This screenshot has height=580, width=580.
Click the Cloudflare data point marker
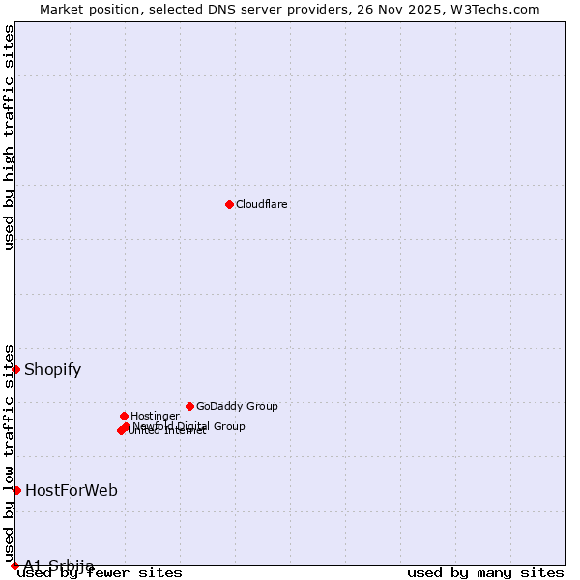click(x=229, y=204)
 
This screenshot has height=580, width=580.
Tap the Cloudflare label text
click(x=262, y=204)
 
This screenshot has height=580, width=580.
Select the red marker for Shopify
click(x=16, y=369)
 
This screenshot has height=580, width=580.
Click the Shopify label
click(x=53, y=369)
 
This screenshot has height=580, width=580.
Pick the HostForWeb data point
click(x=16, y=490)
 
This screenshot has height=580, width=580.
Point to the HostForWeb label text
click(x=72, y=490)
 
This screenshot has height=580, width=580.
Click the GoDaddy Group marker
click(x=189, y=406)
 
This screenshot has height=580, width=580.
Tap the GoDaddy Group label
click(x=237, y=406)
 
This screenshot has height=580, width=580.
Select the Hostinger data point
click(x=125, y=416)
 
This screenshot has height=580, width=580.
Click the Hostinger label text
click(x=156, y=416)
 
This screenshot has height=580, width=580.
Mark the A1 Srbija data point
click(x=15, y=565)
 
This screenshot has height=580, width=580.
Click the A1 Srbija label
click(x=59, y=565)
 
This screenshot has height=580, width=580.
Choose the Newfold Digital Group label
click(x=189, y=426)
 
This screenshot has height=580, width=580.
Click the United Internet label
click(x=167, y=431)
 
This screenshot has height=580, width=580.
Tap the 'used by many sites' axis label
click(x=485, y=573)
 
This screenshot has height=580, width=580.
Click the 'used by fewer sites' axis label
click(x=101, y=573)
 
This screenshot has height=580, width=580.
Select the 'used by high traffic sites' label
click(x=10, y=137)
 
